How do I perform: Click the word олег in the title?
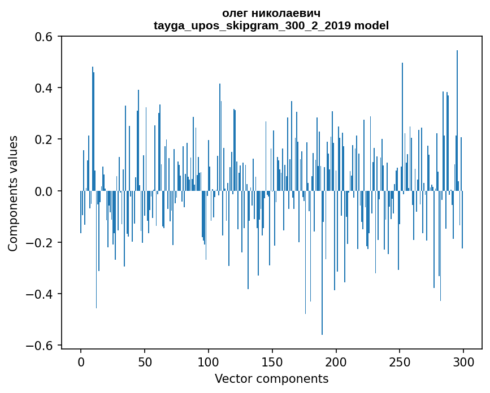(x=236, y=13)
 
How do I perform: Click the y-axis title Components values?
(x=12, y=193)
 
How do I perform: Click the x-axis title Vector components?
(x=271, y=378)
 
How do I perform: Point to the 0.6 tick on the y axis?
(x=44, y=37)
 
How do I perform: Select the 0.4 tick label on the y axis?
(x=44, y=88)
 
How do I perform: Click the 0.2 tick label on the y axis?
(x=44, y=139)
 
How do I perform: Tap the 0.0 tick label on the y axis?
(x=44, y=191)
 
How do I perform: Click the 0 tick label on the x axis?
(x=81, y=361)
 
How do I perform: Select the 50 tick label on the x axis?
(x=145, y=361)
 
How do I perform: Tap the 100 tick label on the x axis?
(x=209, y=361)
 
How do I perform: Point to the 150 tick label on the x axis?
(x=272, y=361)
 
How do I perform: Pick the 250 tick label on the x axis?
(x=400, y=361)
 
